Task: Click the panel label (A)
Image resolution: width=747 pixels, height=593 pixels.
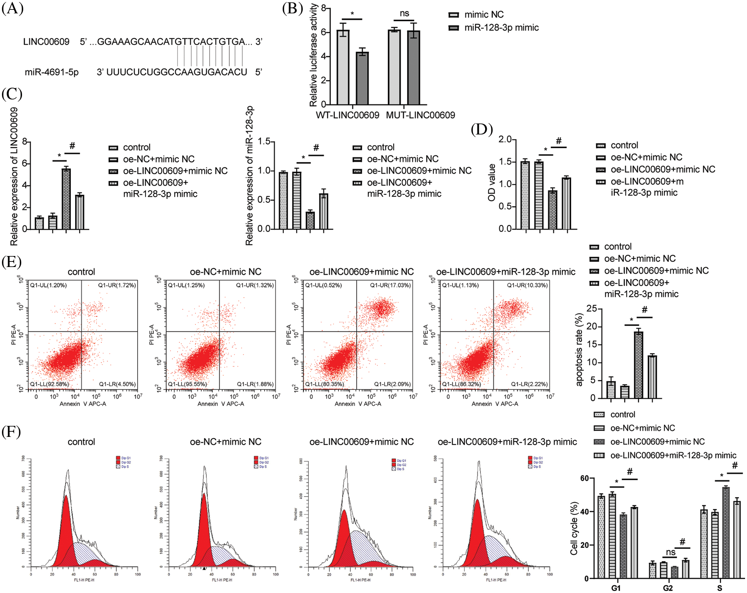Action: coord(13,8)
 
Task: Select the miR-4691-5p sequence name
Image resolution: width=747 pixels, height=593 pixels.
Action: coord(52,72)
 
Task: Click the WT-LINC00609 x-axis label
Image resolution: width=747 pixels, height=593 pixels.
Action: coord(348,115)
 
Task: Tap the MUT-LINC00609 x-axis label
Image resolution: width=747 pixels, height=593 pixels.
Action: coord(420,115)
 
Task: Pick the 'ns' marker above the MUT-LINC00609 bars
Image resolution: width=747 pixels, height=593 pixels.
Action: coord(404,13)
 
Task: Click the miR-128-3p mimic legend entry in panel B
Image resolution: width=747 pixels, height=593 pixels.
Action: coord(501,28)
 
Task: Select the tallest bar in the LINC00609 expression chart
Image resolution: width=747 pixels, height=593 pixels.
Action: coord(66,199)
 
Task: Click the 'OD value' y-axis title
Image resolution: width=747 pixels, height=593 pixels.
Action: coord(491,182)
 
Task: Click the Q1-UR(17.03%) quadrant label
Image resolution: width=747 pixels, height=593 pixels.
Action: coord(390,285)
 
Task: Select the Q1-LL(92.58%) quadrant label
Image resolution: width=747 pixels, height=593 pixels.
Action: coord(50,384)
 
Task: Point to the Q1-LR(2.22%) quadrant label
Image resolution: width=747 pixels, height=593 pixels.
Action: coord(529,384)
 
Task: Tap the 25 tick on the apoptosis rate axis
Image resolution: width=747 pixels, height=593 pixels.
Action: coord(591,309)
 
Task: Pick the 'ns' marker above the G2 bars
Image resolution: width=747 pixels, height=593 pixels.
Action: coord(670,552)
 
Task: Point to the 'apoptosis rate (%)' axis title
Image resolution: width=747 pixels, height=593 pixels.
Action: coord(579,350)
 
